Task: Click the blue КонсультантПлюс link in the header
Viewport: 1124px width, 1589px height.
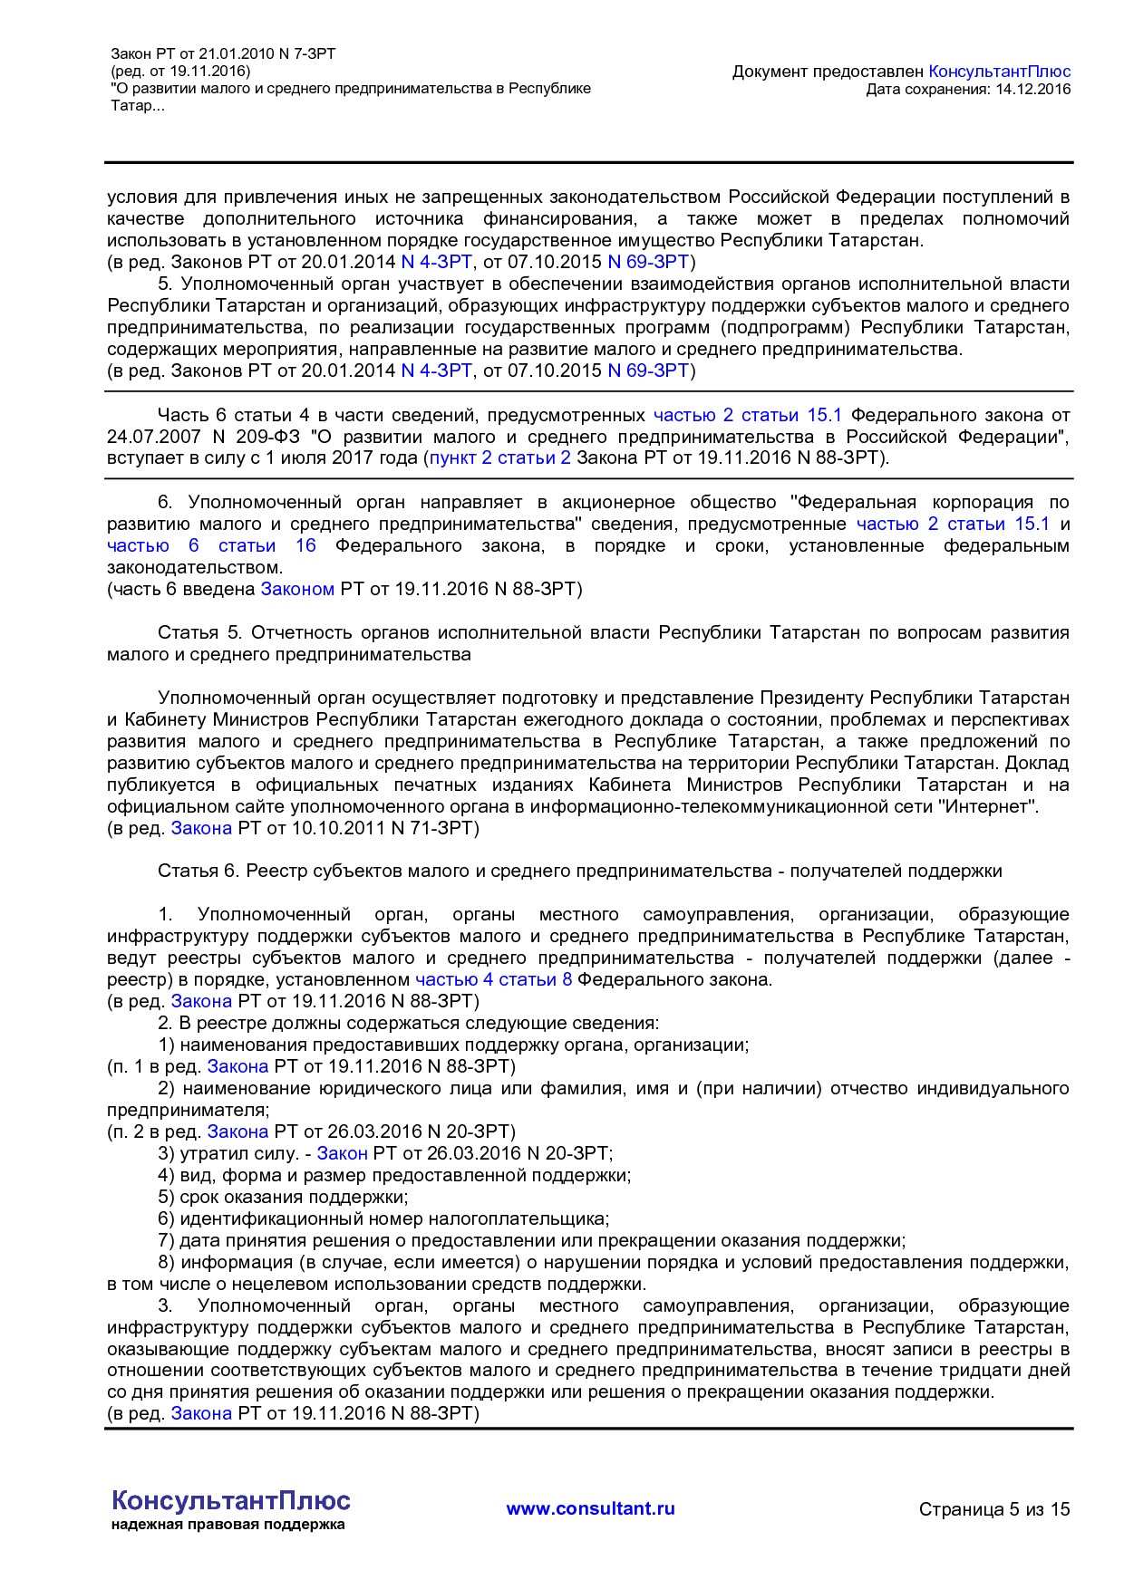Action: pos(999,72)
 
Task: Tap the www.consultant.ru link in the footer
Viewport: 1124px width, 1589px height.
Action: pos(590,1508)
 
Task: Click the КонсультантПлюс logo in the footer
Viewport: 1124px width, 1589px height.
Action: pos(230,1500)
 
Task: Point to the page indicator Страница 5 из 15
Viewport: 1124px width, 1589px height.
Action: pos(993,1509)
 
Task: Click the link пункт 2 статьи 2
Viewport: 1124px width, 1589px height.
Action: pos(499,458)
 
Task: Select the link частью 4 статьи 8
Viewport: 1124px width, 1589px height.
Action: pos(493,979)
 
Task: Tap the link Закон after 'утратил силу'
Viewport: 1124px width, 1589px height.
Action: pos(342,1153)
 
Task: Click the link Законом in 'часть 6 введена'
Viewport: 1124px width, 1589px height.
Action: pos(297,589)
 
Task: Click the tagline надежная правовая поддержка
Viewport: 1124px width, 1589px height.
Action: pos(228,1525)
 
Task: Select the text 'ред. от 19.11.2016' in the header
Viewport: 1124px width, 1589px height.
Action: pos(180,72)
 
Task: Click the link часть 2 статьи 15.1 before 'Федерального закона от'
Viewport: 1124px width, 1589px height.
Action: pos(747,415)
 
